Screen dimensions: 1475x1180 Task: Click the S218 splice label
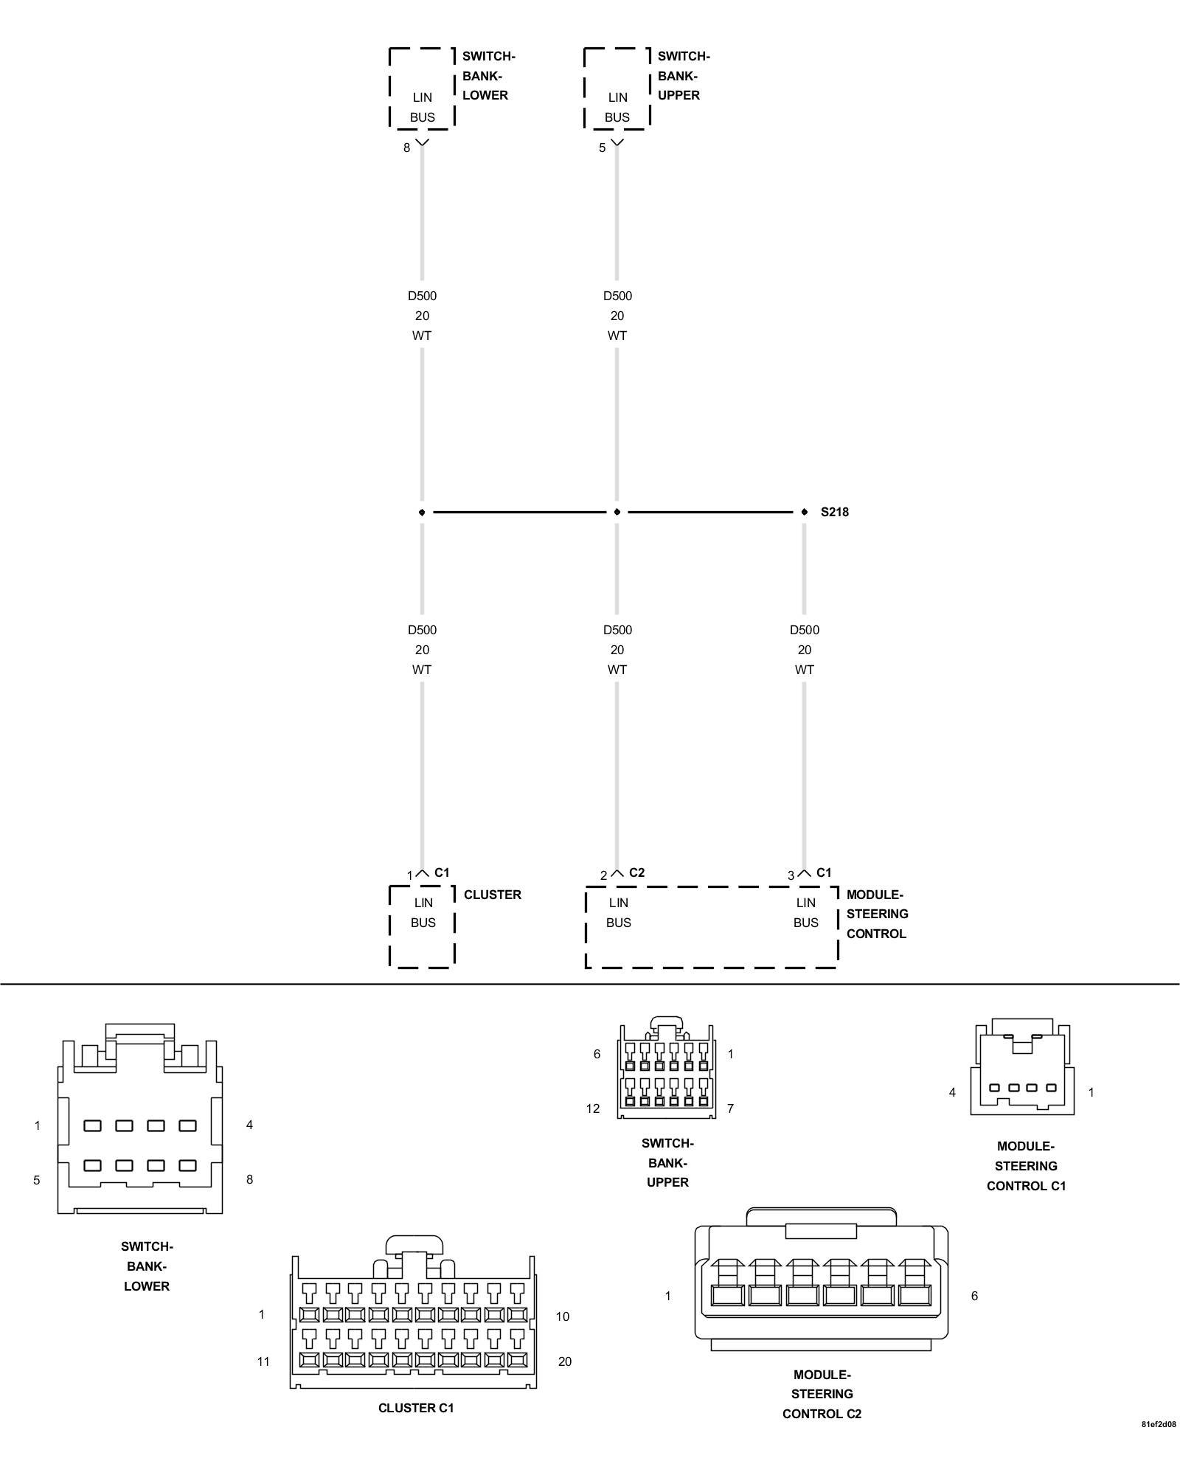point(834,512)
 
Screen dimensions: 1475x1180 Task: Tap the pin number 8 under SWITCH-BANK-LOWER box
point(406,148)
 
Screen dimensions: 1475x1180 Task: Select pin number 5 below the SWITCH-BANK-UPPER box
point(602,148)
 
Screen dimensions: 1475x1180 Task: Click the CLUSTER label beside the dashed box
point(492,895)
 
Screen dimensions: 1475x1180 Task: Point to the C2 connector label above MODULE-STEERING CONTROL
point(636,872)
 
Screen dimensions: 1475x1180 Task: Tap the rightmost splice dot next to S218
point(804,512)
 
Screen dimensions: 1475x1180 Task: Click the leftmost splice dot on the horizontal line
point(422,512)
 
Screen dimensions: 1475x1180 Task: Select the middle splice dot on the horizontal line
point(617,512)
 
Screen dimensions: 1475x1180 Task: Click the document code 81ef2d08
point(1159,1445)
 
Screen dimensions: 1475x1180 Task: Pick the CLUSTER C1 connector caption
point(416,1408)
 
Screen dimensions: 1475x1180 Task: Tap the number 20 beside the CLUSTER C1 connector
point(564,1361)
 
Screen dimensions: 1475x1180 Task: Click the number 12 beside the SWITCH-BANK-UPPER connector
point(593,1108)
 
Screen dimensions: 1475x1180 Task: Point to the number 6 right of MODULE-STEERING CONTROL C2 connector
point(974,1296)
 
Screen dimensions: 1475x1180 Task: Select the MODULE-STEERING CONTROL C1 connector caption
point(1026,1166)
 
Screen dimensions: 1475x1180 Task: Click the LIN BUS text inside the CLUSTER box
point(423,912)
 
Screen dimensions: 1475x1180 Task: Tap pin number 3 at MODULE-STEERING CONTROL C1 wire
point(791,875)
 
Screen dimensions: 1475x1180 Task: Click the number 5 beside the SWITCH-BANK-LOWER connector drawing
point(37,1180)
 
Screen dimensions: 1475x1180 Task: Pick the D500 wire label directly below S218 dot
point(804,631)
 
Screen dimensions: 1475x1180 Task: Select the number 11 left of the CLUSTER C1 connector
point(263,1361)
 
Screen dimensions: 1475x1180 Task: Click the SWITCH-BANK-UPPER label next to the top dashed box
point(683,76)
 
